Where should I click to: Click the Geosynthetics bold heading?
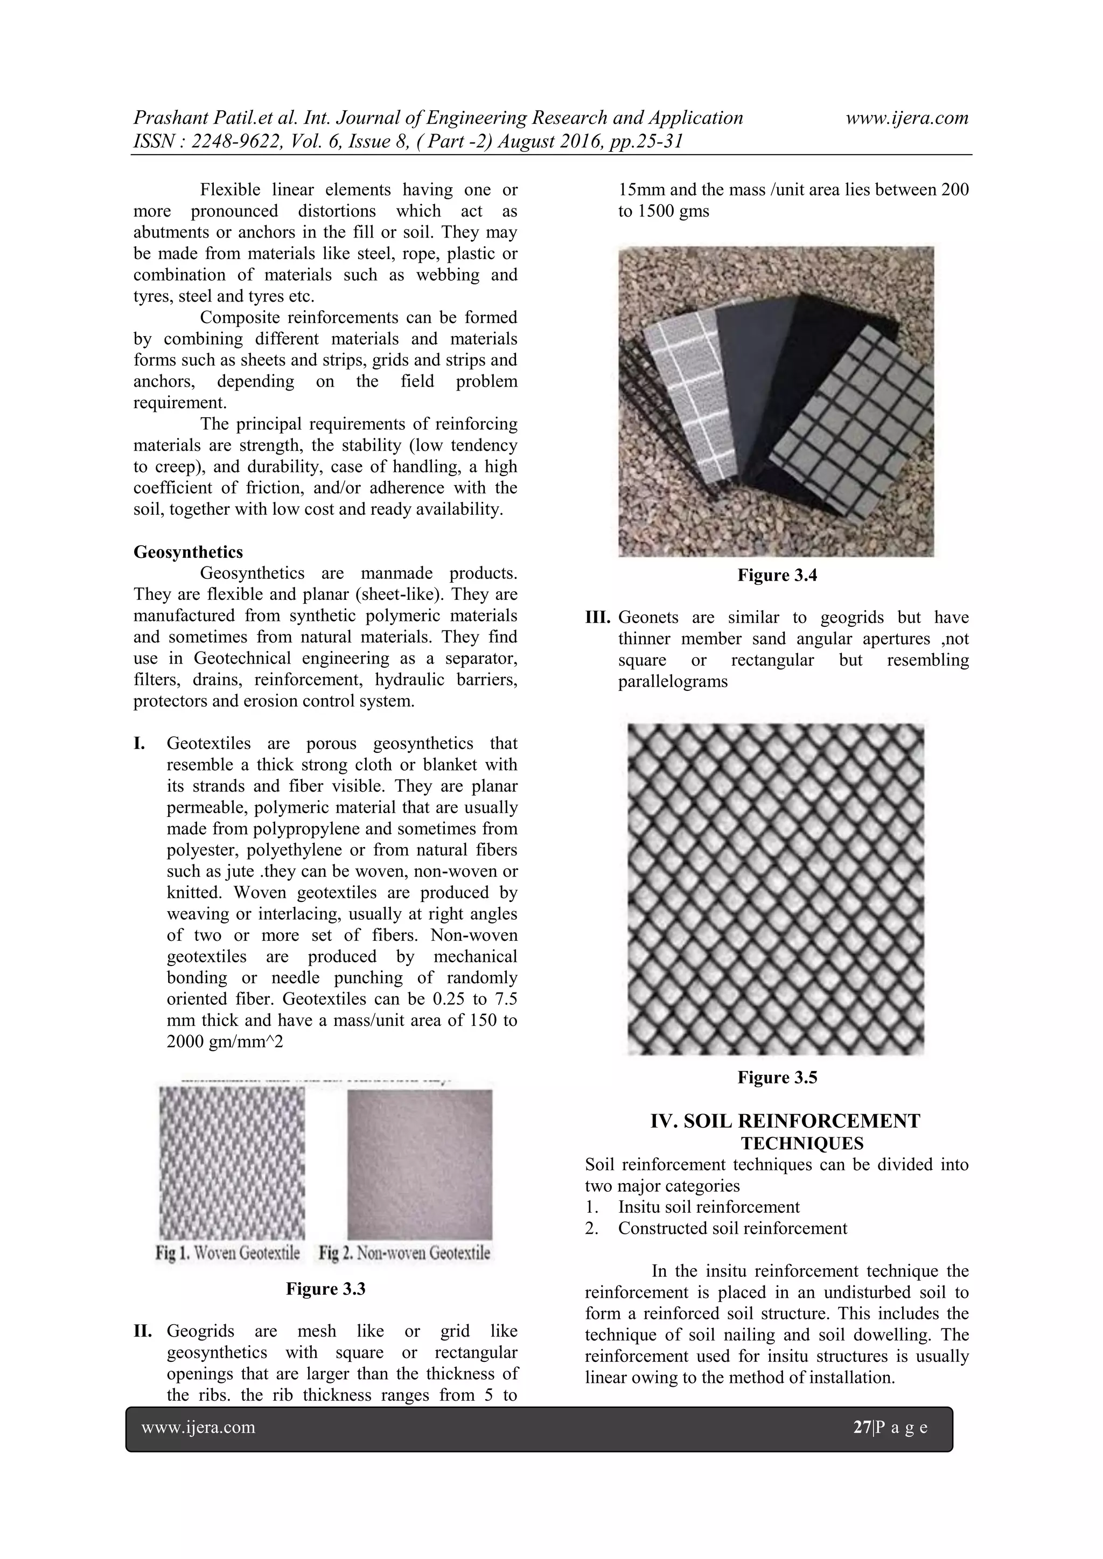187,552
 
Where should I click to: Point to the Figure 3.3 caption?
325,1289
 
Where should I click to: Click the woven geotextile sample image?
232,1163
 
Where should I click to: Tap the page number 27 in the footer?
862,1427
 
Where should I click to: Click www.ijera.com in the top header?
907,118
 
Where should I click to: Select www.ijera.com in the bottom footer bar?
198,1427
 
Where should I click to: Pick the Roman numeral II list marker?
143,1331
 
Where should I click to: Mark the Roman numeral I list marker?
139,744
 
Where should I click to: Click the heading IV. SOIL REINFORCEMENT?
785,1121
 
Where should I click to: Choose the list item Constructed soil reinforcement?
732,1228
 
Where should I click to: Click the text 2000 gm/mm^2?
224,1041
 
